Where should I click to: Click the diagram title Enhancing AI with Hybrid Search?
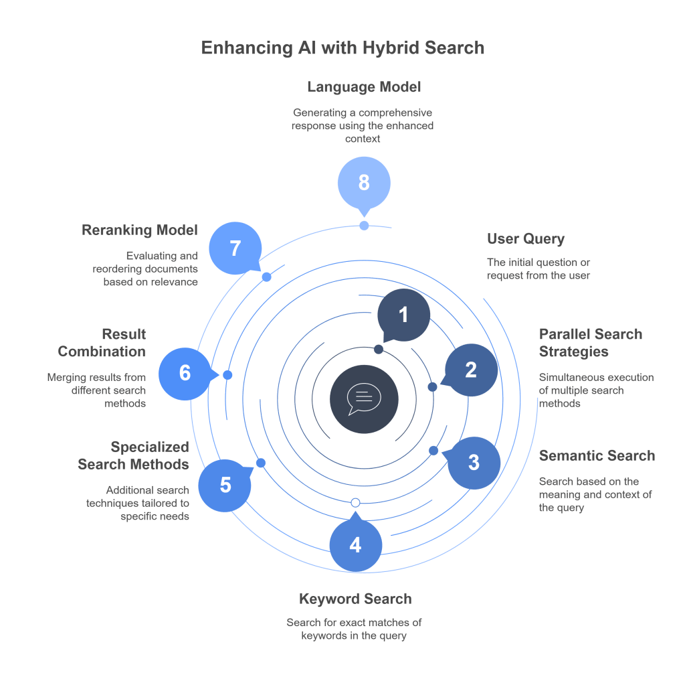(x=342, y=48)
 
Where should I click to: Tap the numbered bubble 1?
(x=403, y=315)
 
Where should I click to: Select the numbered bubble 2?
(x=471, y=370)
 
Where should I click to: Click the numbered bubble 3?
(x=474, y=462)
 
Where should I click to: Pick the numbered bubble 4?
(x=355, y=545)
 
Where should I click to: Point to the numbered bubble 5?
(x=225, y=485)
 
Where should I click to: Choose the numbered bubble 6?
(x=185, y=373)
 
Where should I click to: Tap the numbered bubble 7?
(x=235, y=248)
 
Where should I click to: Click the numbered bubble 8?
(x=364, y=183)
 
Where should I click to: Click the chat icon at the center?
(x=364, y=400)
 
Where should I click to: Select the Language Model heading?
(x=364, y=87)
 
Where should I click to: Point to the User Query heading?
(x=526, y=239)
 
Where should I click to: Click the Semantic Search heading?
(x=597, y=456)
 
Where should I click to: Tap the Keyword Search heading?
(x=355, y=599)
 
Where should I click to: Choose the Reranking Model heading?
(x=140, y=230)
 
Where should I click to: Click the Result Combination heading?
(x=102, y=342)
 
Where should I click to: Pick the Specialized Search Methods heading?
(x=134, y=455)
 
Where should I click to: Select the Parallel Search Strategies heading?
(x=591, y=342)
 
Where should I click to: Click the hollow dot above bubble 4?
(x=355, y=503)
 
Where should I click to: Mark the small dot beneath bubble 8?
(x=364, y=226)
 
